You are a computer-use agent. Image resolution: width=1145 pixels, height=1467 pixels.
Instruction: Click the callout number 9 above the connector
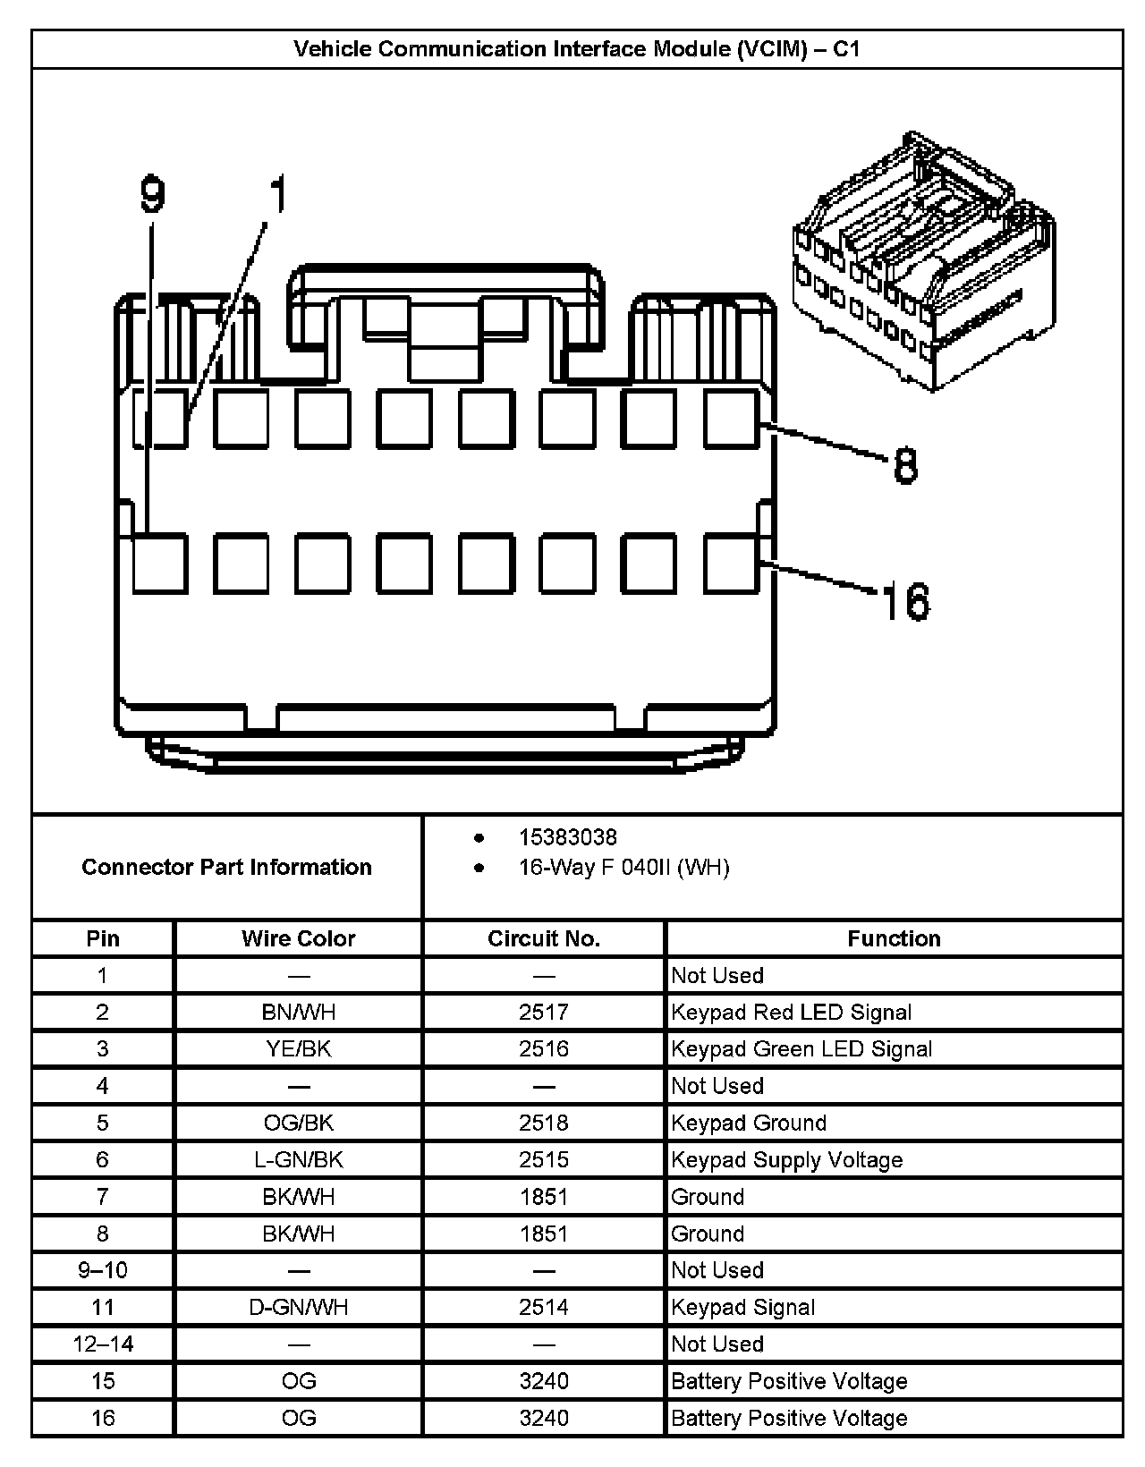coord(154,194)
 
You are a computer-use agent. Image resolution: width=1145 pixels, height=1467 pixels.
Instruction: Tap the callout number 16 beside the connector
coord(905,601)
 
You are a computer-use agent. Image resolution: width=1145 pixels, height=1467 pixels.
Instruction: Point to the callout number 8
coord(905,466)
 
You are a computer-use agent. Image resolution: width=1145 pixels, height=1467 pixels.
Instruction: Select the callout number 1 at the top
coord(279,194)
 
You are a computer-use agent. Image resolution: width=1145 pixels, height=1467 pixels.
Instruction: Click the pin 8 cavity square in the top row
coord(731,418)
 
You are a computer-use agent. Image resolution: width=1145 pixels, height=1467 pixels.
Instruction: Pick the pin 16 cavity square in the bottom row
coord(731,564)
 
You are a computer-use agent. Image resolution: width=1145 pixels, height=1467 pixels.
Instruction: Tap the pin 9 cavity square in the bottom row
coord(160,564)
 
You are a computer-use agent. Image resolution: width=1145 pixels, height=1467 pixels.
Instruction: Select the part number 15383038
coord(567,837)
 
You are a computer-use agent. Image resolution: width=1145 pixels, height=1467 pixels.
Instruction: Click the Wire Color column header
coord(298,938)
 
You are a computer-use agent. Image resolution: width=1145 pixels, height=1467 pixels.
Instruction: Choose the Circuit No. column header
coord(543,938)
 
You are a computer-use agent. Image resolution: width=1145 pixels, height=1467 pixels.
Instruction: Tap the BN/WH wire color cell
coord(298,1012)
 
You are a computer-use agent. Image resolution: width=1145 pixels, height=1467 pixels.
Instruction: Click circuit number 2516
coord(543,1048)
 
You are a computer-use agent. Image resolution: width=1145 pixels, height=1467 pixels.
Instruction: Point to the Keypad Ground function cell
coord(748,1123)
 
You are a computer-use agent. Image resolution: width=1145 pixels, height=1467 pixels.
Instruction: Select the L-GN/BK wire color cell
coord(298,1159)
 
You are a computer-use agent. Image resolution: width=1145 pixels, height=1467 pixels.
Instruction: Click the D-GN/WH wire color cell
coord(298,1307)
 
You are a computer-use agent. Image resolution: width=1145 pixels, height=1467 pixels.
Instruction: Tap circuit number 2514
coord(543,1307)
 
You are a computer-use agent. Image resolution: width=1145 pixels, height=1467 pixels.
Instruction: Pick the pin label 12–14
coord(103,1344)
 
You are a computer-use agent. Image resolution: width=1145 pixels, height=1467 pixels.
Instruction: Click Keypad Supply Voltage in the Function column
coord(786,1159)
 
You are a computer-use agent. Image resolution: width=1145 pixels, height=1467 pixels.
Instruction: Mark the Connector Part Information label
coord(226,867)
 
